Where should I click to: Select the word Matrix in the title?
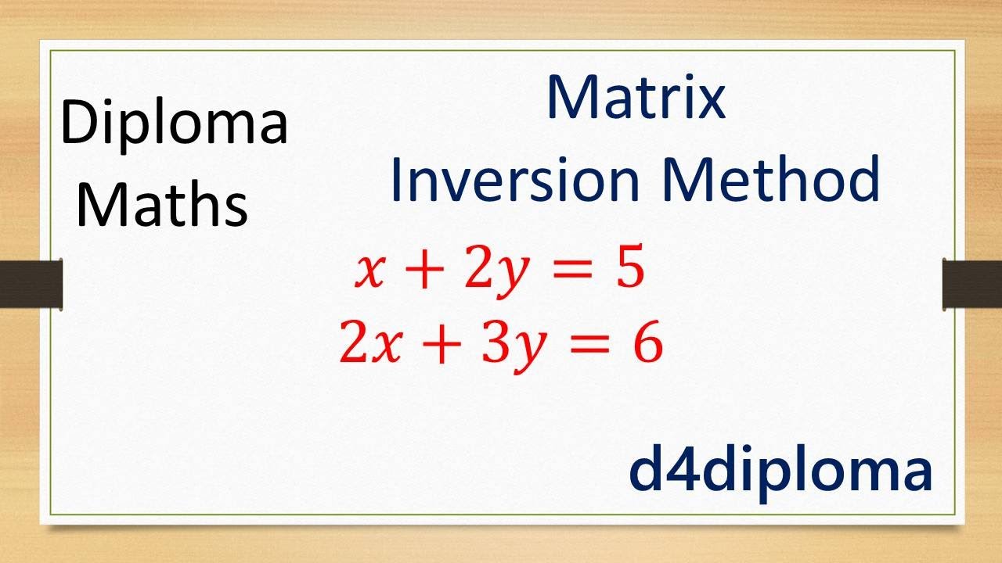pos(636,99)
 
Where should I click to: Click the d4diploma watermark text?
pos(780,471)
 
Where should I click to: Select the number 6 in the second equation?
pos(647,345)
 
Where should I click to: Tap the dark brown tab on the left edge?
pos(31,281)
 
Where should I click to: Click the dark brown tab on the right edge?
pos(971,281)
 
